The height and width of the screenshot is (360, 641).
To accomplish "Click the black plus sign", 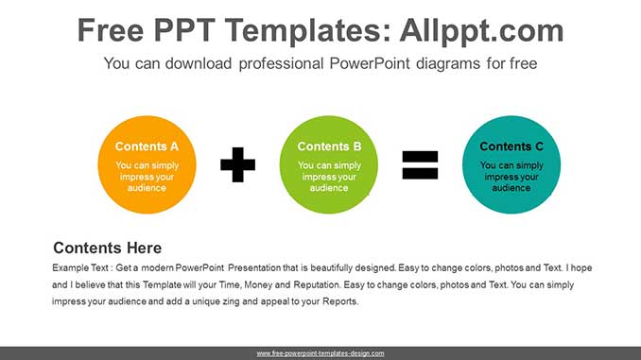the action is coord(237,164).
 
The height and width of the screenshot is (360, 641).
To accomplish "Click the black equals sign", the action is coord(420,165).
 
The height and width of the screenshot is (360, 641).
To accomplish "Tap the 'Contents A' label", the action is coord(147,146).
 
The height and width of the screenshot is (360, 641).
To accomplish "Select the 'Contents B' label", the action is coord(329,146).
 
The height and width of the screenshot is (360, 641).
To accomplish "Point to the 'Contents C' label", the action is coord(511,146).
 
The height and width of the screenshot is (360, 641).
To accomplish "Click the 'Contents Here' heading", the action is coord(107,249).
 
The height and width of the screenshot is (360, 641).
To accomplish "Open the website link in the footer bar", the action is coord(320,353).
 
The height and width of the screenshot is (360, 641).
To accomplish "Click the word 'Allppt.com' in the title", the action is coord(481,30).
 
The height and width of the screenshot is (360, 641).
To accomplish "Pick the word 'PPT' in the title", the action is coord(184,30).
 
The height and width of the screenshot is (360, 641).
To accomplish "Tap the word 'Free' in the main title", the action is coord(111,30).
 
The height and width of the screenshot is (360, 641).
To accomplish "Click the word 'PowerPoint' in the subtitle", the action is coord(370,63).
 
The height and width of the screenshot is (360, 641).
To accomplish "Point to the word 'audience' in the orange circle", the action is coord(147,188).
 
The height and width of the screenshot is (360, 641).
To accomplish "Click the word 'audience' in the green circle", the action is coord(329,188).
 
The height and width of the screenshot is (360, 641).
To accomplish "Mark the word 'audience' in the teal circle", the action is coord(511,188).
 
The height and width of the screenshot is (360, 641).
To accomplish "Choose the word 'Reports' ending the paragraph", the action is coord(339,301).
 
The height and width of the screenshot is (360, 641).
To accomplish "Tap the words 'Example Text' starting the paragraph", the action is coord(79,268).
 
